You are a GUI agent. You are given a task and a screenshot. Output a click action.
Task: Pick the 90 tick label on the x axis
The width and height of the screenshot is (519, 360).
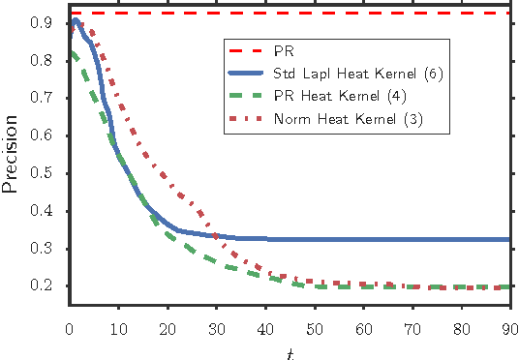point(509,324)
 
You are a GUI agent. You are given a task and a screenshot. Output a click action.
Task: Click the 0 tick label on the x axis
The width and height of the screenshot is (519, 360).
point(70,324)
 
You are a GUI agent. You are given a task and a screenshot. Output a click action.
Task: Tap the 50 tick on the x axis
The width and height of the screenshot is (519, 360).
point(314,324)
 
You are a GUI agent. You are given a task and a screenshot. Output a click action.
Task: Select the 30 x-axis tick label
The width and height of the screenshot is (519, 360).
point(216,324)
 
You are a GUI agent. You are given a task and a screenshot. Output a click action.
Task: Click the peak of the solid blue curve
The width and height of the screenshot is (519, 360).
point(76,19)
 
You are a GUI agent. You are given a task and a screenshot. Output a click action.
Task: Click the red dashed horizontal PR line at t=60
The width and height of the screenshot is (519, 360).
point(363,13)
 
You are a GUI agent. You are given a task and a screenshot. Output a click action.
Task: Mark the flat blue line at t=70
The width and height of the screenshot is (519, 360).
point(412,239)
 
